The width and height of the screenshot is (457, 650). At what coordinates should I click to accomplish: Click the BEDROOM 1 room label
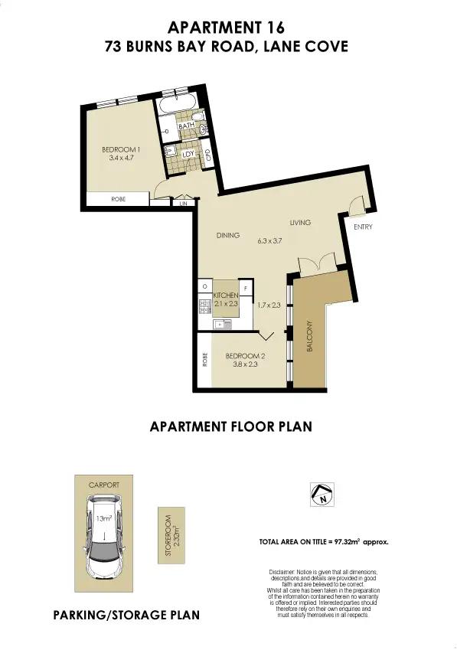tap(121, 149)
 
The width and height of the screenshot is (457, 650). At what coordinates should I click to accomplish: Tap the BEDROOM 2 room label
tap(244, 356)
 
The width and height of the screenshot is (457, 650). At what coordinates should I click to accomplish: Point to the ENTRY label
tap(362, 227)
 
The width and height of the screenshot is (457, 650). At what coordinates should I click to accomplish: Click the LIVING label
tap(300, 223)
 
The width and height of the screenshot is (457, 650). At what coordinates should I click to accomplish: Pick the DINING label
tap(228, 235)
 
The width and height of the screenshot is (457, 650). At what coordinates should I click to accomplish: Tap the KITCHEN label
tap(227, 295)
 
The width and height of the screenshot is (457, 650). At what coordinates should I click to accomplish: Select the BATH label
tap(185, 126)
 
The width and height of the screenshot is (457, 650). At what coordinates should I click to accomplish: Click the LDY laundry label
tap(188, 154)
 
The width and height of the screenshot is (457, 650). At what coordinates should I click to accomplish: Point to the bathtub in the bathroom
tap(178, 106)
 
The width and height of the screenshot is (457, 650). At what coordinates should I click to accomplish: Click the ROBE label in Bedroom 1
tap(118, 199)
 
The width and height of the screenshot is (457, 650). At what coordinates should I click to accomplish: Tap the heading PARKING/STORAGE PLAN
tap(126, 615)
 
